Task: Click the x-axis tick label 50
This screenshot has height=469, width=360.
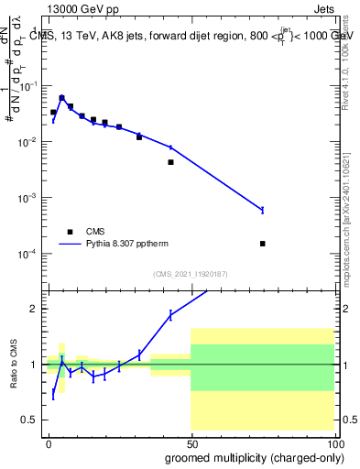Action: [191, 442]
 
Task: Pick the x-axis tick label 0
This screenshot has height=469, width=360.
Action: [49, 442]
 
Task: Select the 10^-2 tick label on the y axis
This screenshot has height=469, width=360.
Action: [30, 142]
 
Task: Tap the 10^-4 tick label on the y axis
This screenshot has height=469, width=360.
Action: [30, 254]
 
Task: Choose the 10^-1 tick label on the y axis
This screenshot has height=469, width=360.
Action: [30, 86]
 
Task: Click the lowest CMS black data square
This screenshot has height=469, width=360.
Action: [262, 244]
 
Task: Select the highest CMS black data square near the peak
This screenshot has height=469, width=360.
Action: [61, 98]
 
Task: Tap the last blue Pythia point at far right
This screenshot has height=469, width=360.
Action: [262, 211]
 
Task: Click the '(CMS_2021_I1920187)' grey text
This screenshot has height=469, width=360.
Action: [191, 273]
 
